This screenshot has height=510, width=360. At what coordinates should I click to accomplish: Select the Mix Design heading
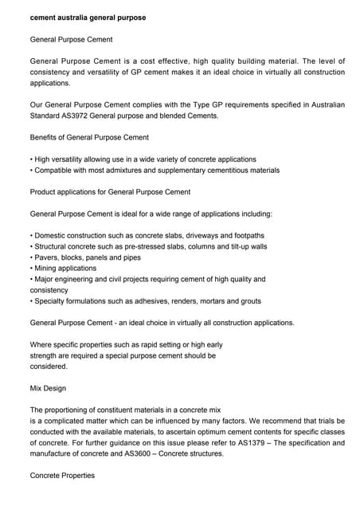coord(48,388)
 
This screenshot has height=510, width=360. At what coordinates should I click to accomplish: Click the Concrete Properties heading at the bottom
coord(62,476)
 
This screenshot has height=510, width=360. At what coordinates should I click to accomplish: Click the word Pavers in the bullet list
coord(45,257)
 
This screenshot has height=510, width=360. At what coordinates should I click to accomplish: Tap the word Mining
coord(46,269)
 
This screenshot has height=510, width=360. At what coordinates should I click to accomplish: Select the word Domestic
coord(52,236)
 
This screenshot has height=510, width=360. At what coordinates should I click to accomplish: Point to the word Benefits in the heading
coord(45,138)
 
